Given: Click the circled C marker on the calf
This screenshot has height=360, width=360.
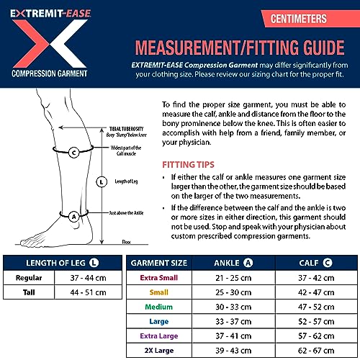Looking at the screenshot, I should [75, 152].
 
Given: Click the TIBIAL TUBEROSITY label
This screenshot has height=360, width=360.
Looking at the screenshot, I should [125, 127].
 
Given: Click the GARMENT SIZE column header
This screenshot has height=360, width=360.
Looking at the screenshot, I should [158, 262].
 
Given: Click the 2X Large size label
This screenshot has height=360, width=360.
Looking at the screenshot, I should [158, 351].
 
